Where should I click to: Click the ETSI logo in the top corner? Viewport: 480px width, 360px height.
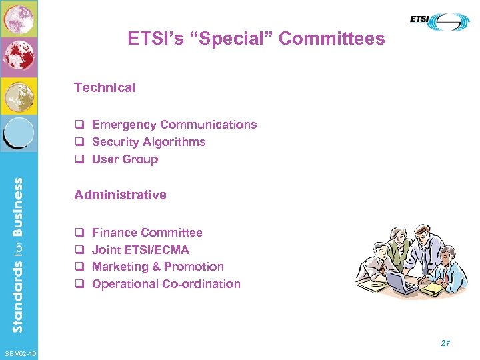click(440, 22)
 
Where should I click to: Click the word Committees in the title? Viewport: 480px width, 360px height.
click(331, 39)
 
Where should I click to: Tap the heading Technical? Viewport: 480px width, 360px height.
click(105, 87)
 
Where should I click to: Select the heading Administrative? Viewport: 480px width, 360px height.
click(120, 195)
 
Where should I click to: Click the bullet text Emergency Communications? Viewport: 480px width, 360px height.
click(174, 125)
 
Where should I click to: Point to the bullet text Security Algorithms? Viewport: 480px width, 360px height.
click(149, 142)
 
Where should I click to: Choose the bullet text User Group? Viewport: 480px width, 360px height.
click(125, 159)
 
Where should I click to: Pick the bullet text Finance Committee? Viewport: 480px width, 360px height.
click(147, 233)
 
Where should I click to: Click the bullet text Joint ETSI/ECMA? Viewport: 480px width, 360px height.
click(140, 250)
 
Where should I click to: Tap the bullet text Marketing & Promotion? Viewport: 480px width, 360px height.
click(157, 267)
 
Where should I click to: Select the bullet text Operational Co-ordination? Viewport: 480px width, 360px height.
click(166, 284)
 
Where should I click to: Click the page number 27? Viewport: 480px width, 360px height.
click(445, 343)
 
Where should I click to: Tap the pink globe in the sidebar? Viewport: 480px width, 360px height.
click(19, 19)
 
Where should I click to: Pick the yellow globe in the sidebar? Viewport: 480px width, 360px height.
click(19, 95)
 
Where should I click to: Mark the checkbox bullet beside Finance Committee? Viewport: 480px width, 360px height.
click(78, 233)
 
